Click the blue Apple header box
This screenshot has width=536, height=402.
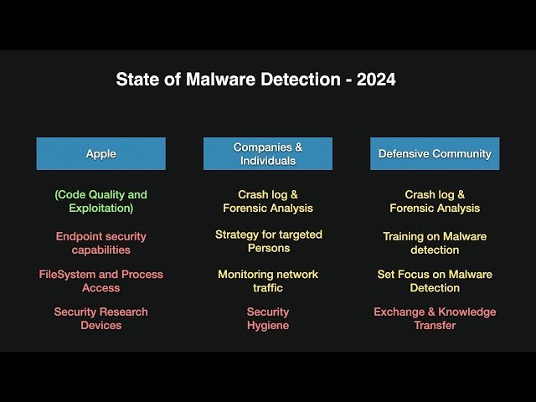pyautogui.click(x=100, y=154)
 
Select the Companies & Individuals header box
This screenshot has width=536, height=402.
pyautogui.click(x=268, y=154)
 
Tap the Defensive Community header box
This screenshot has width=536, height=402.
pyautogui.click(x=435, y=154)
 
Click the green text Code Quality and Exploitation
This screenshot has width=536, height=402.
pyautogui.click(x=100, y=201)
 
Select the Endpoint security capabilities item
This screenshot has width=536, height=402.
pyautogui.click(x=100, y=243)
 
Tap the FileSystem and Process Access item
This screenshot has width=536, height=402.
pyautogui.click(x=100, y=281)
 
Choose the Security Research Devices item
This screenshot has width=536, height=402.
pyautogui.click(x=100, y=318)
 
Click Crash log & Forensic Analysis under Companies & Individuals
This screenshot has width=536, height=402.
pyautogui.click(x=268, y=201)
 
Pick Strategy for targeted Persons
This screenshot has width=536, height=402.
pyautogui.click(x=268, y=241)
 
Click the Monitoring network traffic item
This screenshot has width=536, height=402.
pyautogui.click(x=268, y=281)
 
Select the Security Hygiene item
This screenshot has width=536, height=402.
pyautogui.click(x=268, y=318)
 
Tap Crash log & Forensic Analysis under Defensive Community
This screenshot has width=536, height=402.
pyautogui.click(x=435, y=201)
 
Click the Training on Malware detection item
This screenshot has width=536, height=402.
pyautogui.click(x=435, y=243)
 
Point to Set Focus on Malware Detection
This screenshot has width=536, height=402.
pyautogui.click(x=435, y=281)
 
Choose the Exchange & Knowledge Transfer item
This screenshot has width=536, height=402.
pyautogui.click(x=435, y=318)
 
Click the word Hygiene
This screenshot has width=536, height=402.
pyautogui.click(x=268, y=325)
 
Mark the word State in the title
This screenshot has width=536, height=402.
pyautogui.click(x=135, y=80)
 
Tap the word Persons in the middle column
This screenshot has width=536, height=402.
pyautogui.click(x=268, y=248)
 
